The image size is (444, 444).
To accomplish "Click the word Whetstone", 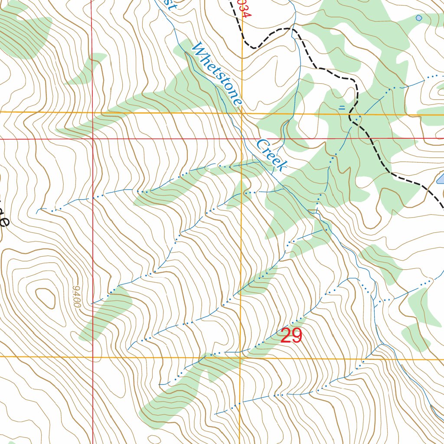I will [x=217, y=74].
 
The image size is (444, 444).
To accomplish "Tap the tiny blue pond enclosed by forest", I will [x=419, y=18].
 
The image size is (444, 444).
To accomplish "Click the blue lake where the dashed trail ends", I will [x=440, y=179].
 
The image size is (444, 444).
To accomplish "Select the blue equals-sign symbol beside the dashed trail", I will [x=342, y=108].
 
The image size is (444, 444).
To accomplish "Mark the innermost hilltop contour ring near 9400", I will [x=45, y=298].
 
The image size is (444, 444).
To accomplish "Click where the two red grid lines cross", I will [x=92, y=139].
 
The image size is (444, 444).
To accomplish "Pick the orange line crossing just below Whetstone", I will [x=242, y=113].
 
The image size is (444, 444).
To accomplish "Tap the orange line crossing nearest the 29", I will [x=240, y=358].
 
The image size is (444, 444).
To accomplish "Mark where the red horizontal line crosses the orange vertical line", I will [x=242, y=139].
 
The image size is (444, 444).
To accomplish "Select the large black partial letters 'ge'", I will [x=3, y=217].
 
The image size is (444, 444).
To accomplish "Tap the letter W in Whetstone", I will [x=199, y=49].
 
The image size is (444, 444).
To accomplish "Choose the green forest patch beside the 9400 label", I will [x=106, y=312].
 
